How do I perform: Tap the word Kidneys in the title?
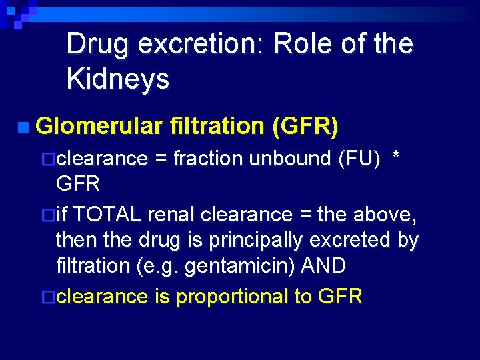pos(118,79)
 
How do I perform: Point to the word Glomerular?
pos(99,125)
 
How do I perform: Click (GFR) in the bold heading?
pos(305,125)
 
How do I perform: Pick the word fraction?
pos(208,159)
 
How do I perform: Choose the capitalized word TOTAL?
pos(107,215)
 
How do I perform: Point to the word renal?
pos(171,215)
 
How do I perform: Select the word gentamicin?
pos(224,266)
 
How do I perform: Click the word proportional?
pos(231,297)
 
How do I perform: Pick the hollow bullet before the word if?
pos(47,215)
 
